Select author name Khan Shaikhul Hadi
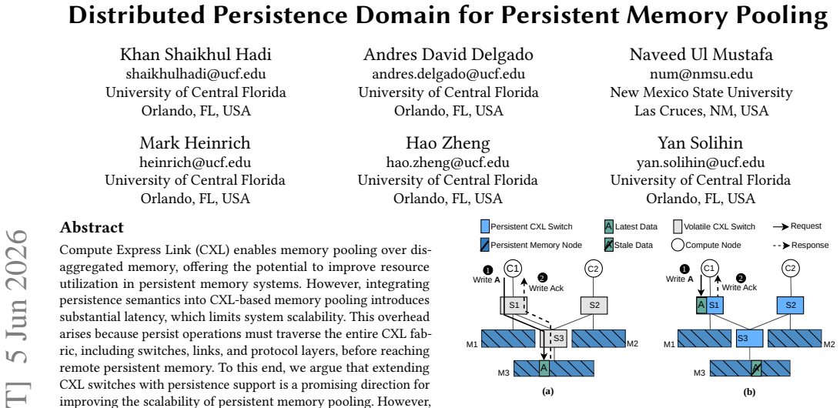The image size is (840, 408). point(196,55)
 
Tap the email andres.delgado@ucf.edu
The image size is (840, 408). point(448,74)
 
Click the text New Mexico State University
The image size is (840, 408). point(701,92)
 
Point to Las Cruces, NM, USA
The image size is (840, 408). point(701,111)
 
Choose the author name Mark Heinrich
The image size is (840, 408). point(195,143)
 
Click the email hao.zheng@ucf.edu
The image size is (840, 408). point(448,162)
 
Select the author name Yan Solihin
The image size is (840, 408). point(701,143)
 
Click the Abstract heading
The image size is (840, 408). point(92,228)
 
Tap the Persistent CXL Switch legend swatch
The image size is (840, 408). point(485,226)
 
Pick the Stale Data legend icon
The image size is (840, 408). point(608,246)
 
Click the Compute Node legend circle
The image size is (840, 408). point(678,246)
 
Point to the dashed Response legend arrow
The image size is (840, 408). point(781,246)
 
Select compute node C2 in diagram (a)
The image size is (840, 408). point(593,268)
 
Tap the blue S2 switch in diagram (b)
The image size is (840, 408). point(790,305)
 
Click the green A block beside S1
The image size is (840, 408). point(701,305)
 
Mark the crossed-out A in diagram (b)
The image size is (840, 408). point(756,368)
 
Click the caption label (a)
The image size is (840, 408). point(547,392)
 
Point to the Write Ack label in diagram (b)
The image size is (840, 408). point(739,288)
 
